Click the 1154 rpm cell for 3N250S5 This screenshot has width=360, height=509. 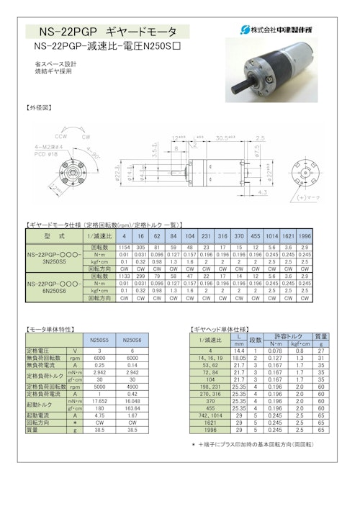tap(124, 246)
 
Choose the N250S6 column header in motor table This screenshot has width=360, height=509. tap(132, 340)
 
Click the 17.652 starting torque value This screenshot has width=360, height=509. tap(96, 401)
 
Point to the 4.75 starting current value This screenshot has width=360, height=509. tap(96, 415)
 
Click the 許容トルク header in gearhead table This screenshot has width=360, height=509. tap(287, 336)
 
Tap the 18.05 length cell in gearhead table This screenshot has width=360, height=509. tap(240, 357)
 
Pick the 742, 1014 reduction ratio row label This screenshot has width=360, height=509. tap(210, 415)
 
